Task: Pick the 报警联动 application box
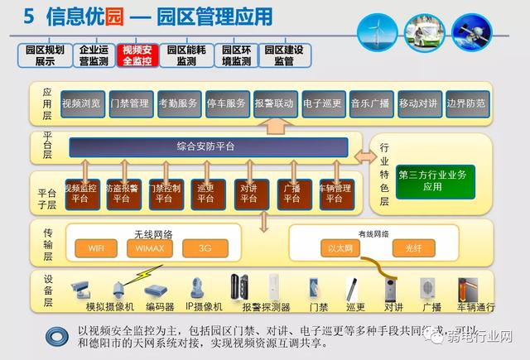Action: click(274, 103)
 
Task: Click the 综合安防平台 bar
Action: click(208, 146)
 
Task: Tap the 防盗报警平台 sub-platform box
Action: click(122, 193)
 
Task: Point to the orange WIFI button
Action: click(96, 247)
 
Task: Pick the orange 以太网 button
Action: click(340, 247)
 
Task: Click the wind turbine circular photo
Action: click(378, 31)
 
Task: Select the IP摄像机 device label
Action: click(202, 307)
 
